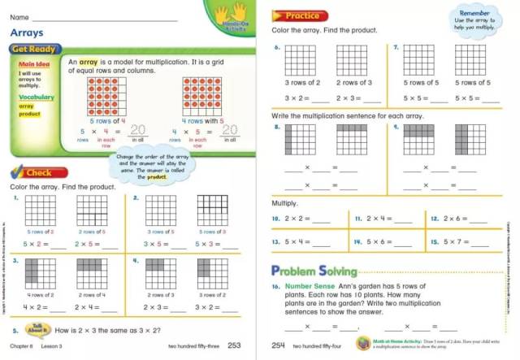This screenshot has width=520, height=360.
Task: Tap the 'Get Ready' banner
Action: [32, 50]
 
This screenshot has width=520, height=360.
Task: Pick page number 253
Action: [235, 346]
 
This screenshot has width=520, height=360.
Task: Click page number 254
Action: [279, 346]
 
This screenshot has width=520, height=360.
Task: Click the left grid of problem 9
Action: [418, 139]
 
